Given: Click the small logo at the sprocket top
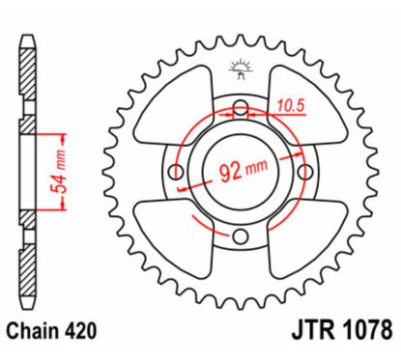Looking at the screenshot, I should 239,69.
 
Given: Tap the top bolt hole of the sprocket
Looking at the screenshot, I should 239,111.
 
